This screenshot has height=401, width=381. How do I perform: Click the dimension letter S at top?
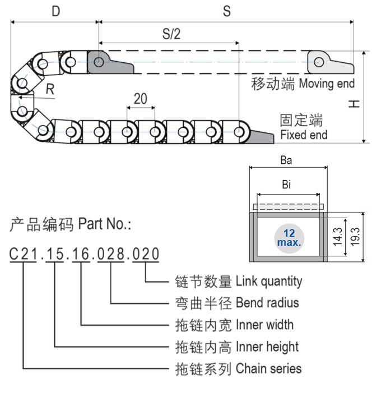tap(227, 11)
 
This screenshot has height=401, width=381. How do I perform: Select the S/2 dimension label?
tap(171, 34)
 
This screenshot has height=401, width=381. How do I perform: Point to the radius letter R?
tap(50, 89)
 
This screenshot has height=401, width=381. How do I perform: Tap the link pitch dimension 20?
tap(140, 99)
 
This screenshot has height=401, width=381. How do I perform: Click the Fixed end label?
tap(303, 135)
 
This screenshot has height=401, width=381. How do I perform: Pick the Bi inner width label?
tap(286, 185)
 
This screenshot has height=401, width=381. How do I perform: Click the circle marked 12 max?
tap(289, 238)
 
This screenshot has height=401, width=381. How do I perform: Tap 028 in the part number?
tap(110, 255)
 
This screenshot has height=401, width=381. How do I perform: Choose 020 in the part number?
tap(145, 255)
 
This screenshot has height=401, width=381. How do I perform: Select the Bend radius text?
tap(267, 303)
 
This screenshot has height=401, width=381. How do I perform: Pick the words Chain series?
tap(268, 368)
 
